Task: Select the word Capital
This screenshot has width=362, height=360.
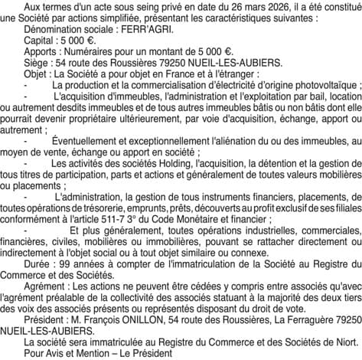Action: [42, 41]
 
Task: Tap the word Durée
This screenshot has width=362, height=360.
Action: [39, 257]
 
